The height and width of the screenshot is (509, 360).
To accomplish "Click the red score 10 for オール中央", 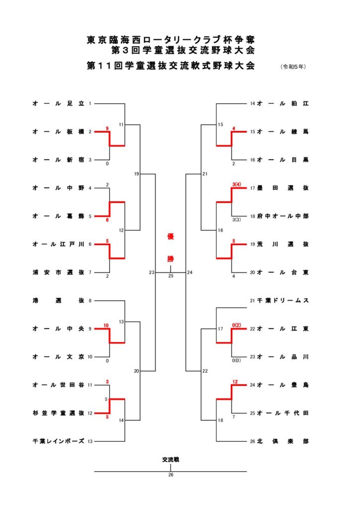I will point(106,325).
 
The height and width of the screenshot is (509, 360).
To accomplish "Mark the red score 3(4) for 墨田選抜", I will point(237,184).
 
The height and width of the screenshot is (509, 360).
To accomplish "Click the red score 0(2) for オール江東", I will point(237,325).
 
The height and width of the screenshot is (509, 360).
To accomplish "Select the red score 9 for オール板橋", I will point(107,128).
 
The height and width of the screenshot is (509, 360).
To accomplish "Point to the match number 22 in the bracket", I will point(205,371).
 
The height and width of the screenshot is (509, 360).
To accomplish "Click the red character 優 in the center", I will point(171,237).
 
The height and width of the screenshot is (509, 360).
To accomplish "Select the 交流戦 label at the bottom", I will point(171,460).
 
